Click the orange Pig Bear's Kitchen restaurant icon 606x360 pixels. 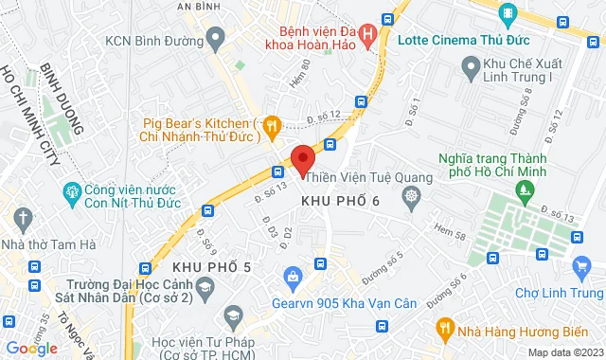272,123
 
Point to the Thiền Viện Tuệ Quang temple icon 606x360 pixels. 410,197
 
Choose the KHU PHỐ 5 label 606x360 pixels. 212,268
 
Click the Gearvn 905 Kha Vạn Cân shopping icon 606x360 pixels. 293,276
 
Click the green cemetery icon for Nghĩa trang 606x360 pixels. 524,192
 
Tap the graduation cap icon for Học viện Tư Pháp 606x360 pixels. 231,315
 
